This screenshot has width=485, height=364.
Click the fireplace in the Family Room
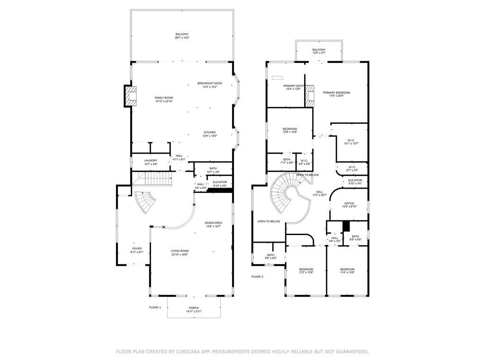[130, 96]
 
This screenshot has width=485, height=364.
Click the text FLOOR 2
[257, 276]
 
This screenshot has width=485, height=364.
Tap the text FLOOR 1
[155, 308]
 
